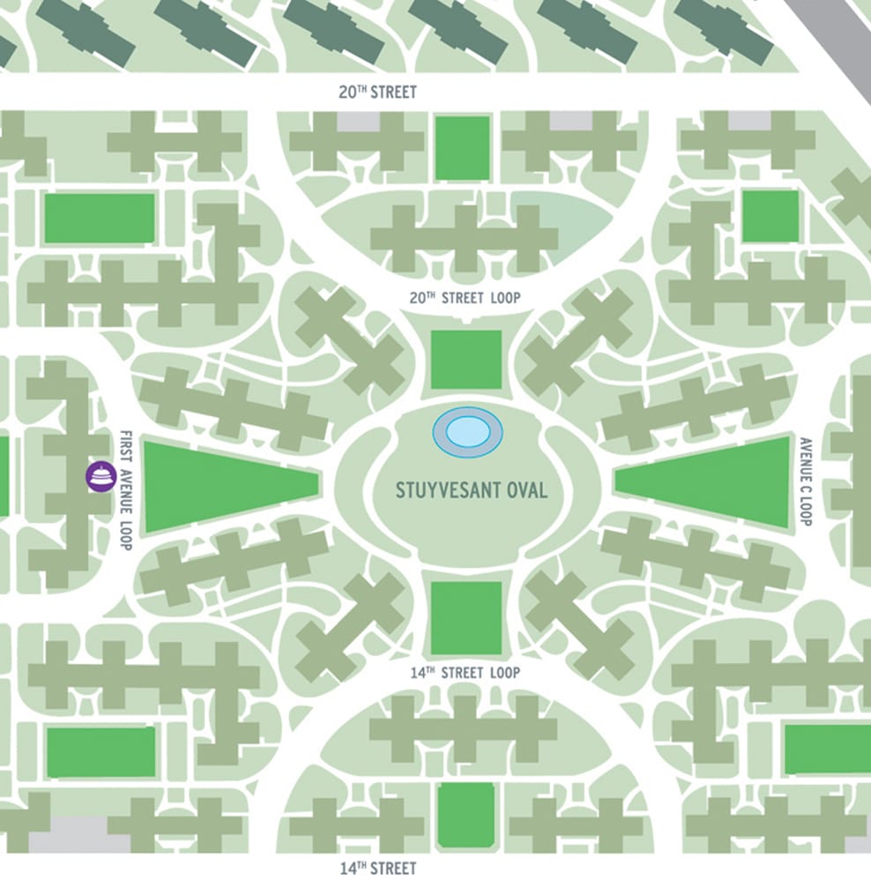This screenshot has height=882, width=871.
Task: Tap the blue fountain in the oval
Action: tap(468, 432)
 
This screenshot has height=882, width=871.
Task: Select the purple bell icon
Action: tap(101, 476)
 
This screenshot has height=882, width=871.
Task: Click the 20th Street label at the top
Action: tap(377, 92)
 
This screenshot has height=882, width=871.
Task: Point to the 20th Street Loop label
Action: tap(465, 298)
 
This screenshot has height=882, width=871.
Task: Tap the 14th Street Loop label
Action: tap(465, 673)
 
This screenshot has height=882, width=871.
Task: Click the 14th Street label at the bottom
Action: tap(378, 869)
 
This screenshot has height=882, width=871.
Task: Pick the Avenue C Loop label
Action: tap(804, 482)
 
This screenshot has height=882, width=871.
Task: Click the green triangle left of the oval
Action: tap(212, 485)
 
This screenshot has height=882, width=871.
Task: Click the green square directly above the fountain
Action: tap(466, 359)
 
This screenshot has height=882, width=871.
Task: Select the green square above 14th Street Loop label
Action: tap(466, 617)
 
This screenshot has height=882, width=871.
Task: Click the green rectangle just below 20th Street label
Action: tap(462, 148)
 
